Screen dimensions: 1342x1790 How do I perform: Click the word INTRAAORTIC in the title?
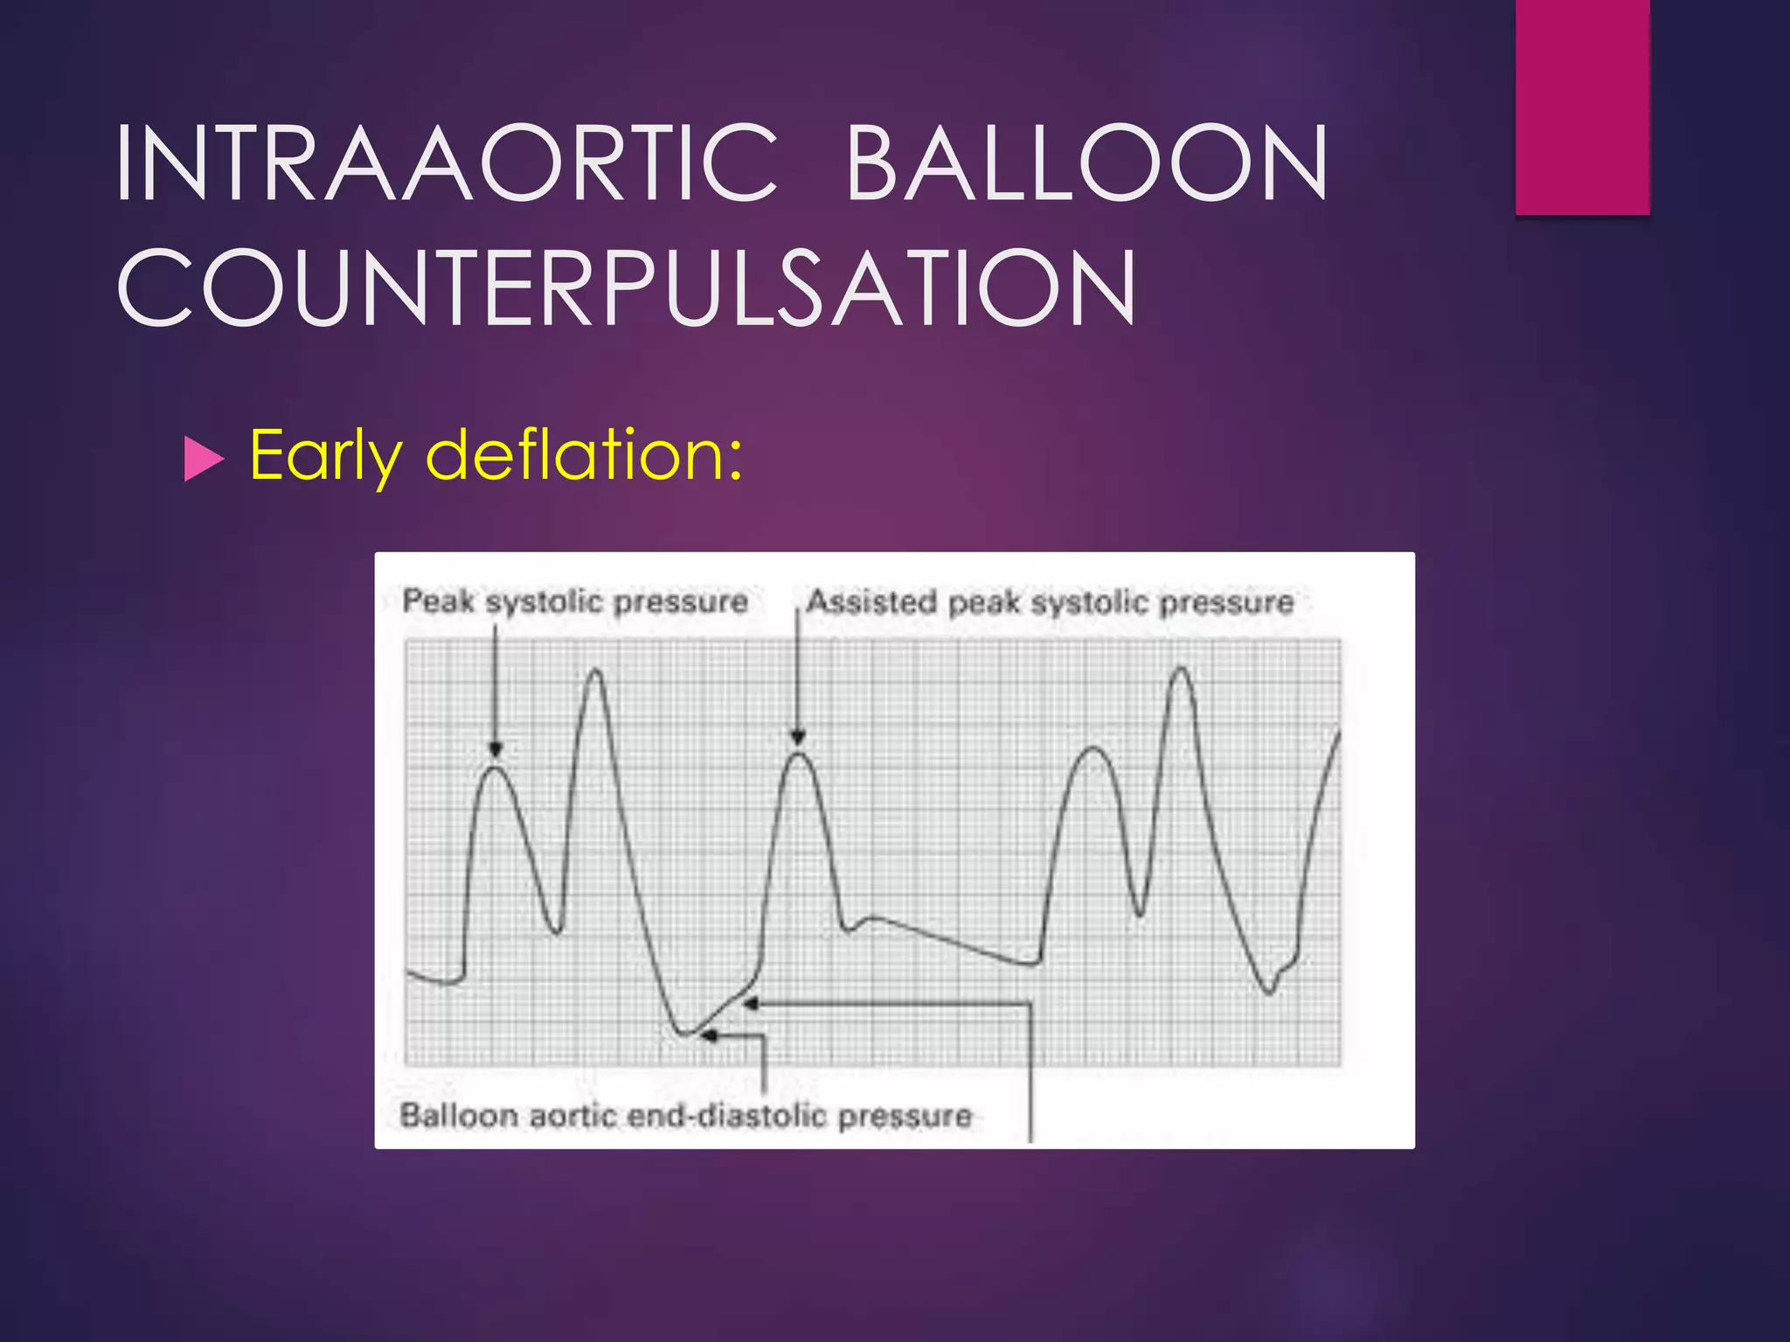[446, 163]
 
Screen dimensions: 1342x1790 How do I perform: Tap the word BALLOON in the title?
[1086, 163]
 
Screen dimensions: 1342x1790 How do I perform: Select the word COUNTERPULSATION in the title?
[627, 287]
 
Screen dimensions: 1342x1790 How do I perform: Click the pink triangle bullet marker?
[205, 460]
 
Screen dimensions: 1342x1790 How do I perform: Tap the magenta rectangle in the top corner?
[1582, 107]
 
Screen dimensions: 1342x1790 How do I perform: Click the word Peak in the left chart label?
[439, 601]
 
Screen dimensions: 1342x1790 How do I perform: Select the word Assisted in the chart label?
[872, 602]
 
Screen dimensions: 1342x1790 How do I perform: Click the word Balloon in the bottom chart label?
[459, 1116]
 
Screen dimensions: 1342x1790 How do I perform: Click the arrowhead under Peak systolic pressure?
[496, 750]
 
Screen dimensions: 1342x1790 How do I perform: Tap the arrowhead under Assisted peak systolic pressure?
[797, 738]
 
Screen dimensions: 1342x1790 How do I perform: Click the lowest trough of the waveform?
[686, 1034]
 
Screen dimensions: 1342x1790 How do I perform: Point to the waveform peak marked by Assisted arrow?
[798, 754]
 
